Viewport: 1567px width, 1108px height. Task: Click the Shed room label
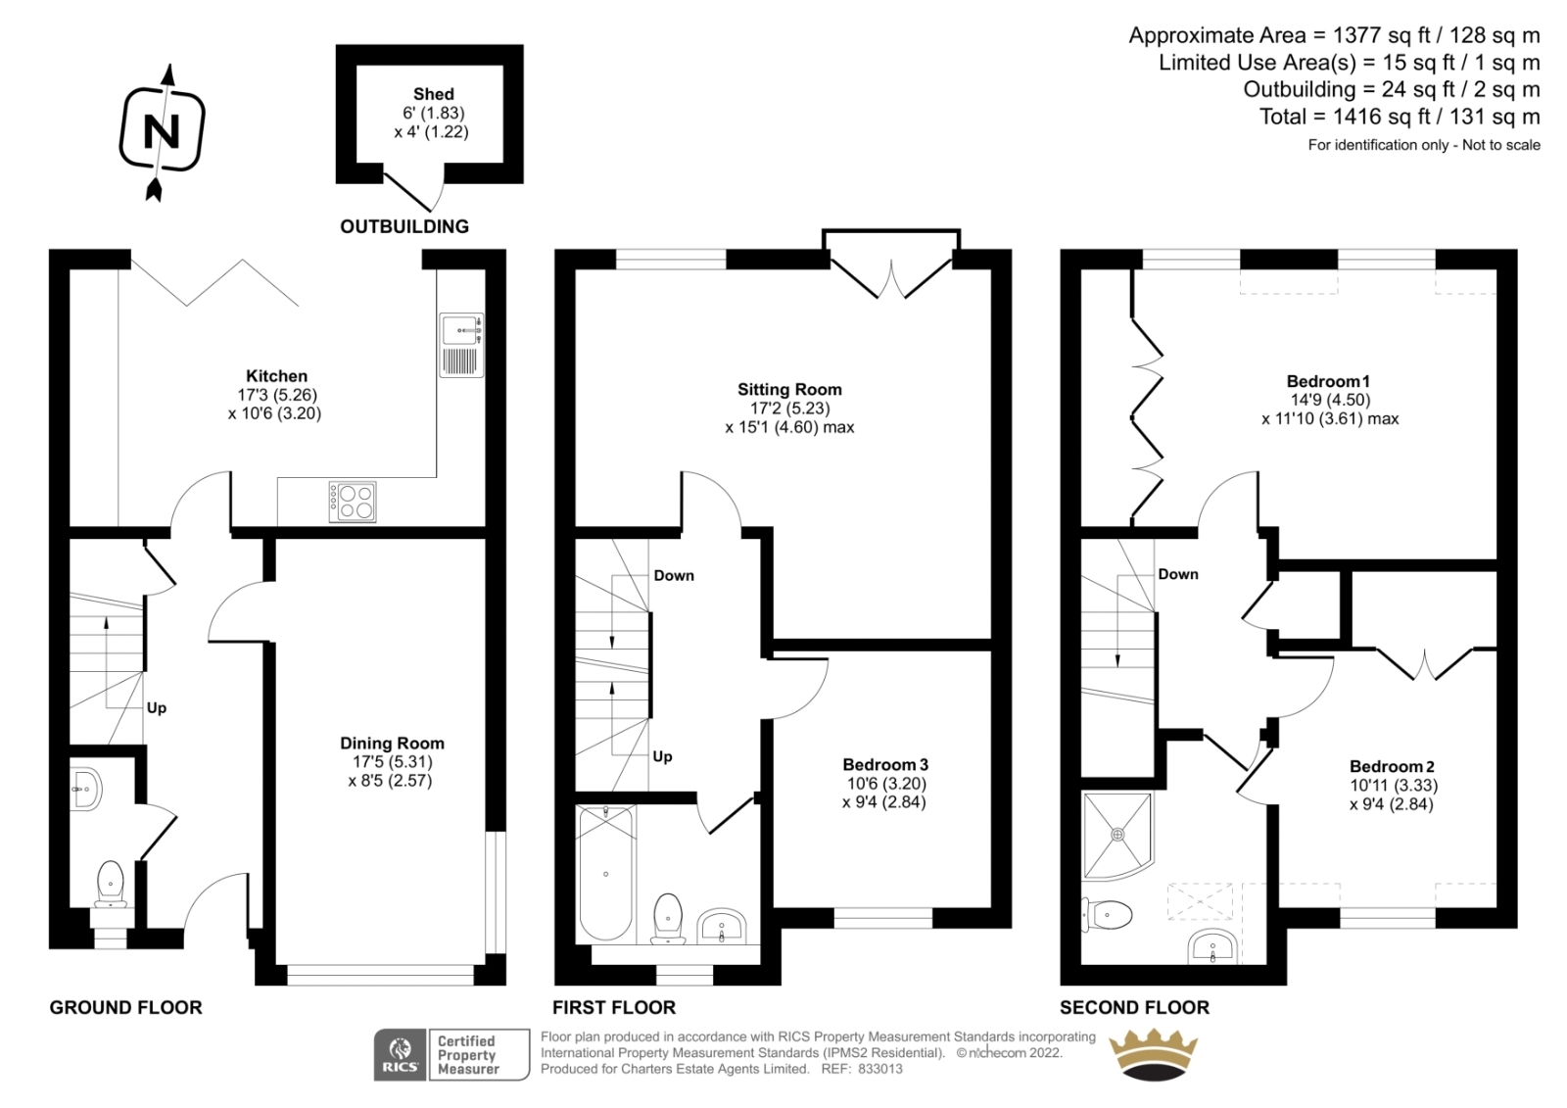(x=434, y=94)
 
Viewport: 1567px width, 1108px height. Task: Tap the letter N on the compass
(x=161, y=131)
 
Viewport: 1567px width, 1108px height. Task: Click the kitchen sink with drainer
(x=461, y=345)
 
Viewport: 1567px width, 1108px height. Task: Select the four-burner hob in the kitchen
(x=353, y=502)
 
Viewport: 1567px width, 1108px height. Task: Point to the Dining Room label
(x=392, y=744)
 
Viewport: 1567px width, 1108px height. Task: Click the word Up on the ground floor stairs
(x=157, y=708)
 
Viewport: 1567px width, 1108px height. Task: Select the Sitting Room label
(x=789, y=390)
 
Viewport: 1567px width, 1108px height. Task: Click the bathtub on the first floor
(x=606, y=873)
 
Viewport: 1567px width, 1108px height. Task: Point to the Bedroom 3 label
(x=885, y=765)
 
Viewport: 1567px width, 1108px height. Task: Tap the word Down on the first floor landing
(x=674, y=576)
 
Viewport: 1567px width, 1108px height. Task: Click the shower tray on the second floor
(x=1117, y=835)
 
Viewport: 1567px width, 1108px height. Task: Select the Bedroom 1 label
(x=1328, y=381)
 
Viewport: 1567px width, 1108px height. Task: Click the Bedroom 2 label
(x=1393, y=766)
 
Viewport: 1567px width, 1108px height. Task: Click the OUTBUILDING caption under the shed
(x=404, y=226)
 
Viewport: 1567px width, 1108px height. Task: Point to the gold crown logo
(x=1154, y=1054)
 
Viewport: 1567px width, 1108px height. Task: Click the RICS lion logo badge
(x=401, y=1054)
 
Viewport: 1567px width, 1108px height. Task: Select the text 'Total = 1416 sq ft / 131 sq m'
(x=1400, y=117)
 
